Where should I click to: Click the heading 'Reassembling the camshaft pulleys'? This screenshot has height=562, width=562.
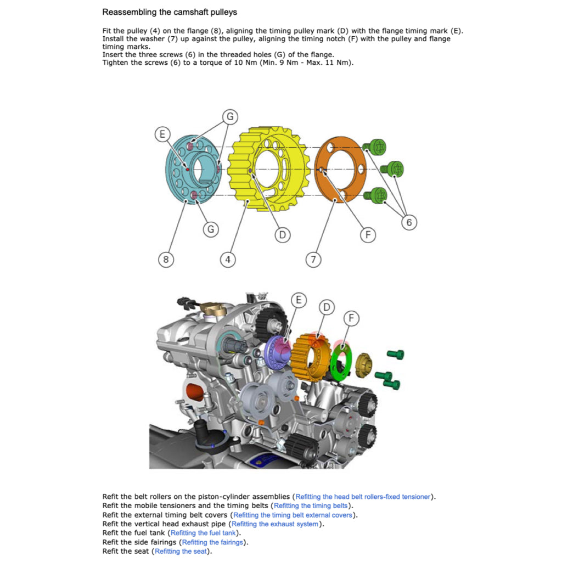coord(170,12)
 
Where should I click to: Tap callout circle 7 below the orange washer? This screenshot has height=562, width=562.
coord(313,260)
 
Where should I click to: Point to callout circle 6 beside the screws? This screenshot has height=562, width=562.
coord(409,222)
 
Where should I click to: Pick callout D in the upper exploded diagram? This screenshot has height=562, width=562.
coord(282,235)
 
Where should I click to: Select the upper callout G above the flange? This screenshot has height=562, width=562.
coord(231,116)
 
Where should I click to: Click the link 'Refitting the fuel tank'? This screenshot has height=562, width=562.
coord(204,533)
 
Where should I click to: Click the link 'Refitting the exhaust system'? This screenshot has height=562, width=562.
coord(274,524)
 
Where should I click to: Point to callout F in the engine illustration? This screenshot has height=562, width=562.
coord(351,318)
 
